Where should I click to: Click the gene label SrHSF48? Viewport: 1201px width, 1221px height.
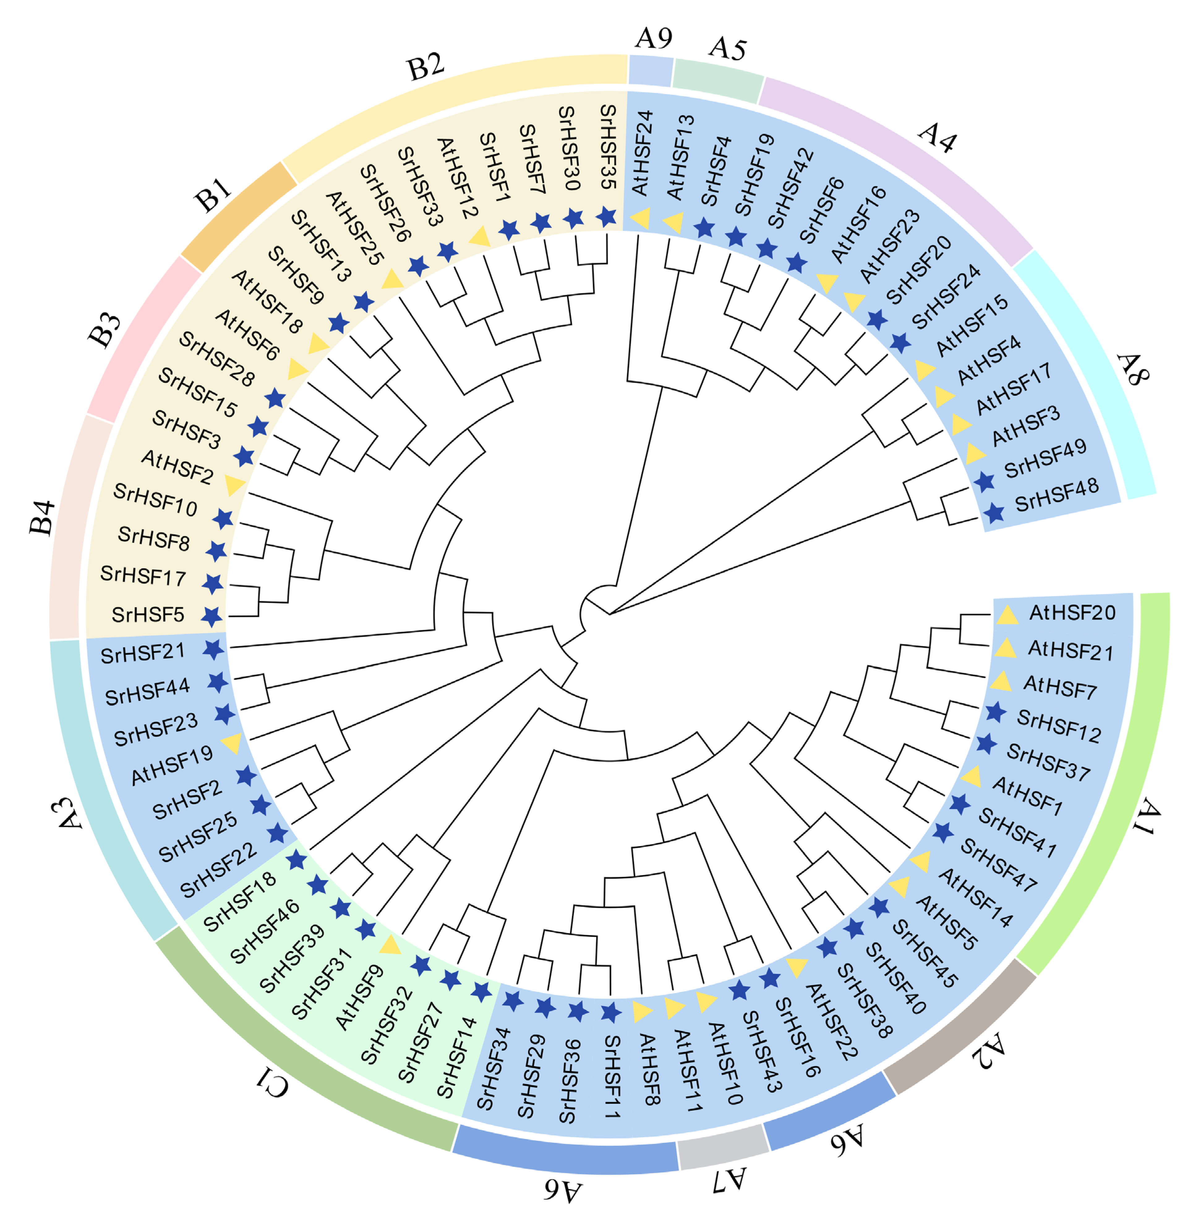tap(1057, 494)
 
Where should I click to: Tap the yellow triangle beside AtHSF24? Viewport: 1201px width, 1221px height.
tap(640, 218)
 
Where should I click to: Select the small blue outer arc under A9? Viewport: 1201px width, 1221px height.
tap(650, 71)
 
